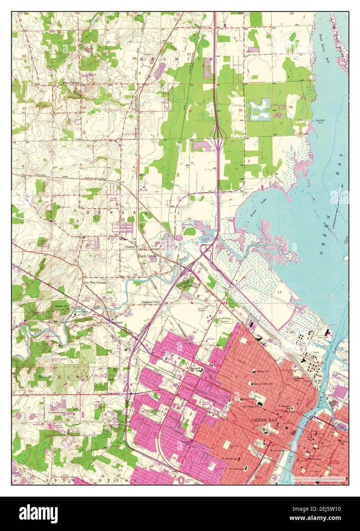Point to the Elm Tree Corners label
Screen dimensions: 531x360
click(95, 282)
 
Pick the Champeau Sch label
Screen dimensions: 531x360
click(150, 302)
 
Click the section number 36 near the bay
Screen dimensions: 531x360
click(291, 107)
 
